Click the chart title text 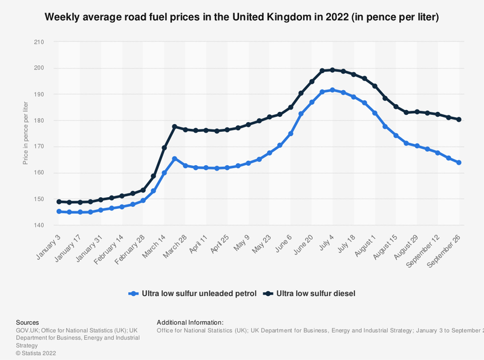coord(242,18)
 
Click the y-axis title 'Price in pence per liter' coord(25,134)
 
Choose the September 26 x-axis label coord(446,247)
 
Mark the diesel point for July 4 coord(332,70)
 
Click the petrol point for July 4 coord(332,90)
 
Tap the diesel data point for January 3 coord(59,201)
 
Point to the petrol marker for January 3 coord(59,211)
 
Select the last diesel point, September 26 coord(459,119)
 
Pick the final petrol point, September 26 coord(459,162)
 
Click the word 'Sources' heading coord(27,322)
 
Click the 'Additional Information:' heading coord(190,322)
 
